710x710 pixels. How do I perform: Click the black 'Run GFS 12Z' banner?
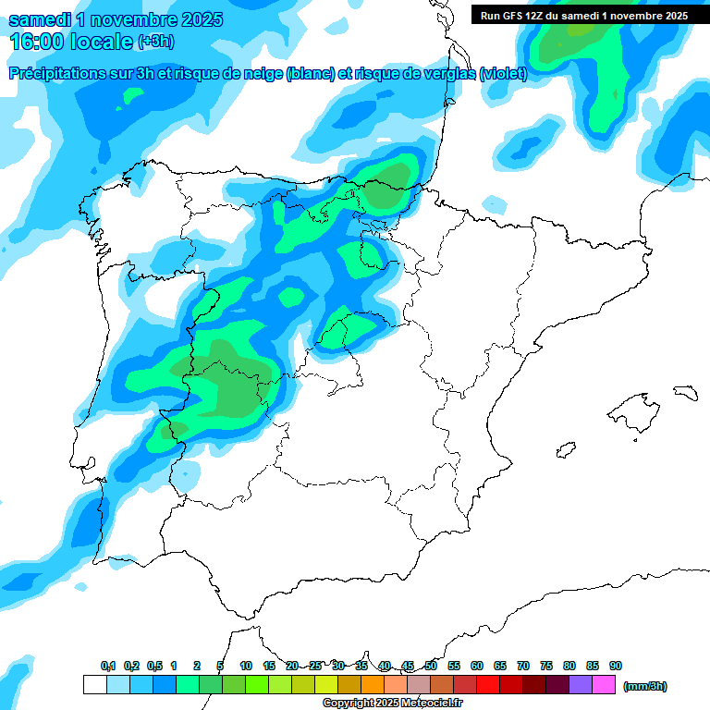tap(585, 15)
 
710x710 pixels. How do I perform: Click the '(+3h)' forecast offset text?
tap(154, 42)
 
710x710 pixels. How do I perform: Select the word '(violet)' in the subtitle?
tap(503, 74)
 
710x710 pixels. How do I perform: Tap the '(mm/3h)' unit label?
tap(645, 686)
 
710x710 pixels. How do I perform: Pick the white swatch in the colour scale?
tap(94, 685)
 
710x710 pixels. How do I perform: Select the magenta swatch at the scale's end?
tap(604, 685)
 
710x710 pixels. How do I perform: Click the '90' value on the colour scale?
tap(616, 666)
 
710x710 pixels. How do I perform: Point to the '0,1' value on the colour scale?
tap(108, 666)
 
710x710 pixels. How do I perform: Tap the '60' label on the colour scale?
tap(477, 666)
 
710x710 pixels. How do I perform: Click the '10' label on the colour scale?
tap(246, 666)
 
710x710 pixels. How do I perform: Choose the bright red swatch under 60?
tap(488, 685)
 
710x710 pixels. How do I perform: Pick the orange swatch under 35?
tap(373, 685)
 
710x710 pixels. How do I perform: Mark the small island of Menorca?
tap(684, 392)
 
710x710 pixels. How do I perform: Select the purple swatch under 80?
tap(581, 685)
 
